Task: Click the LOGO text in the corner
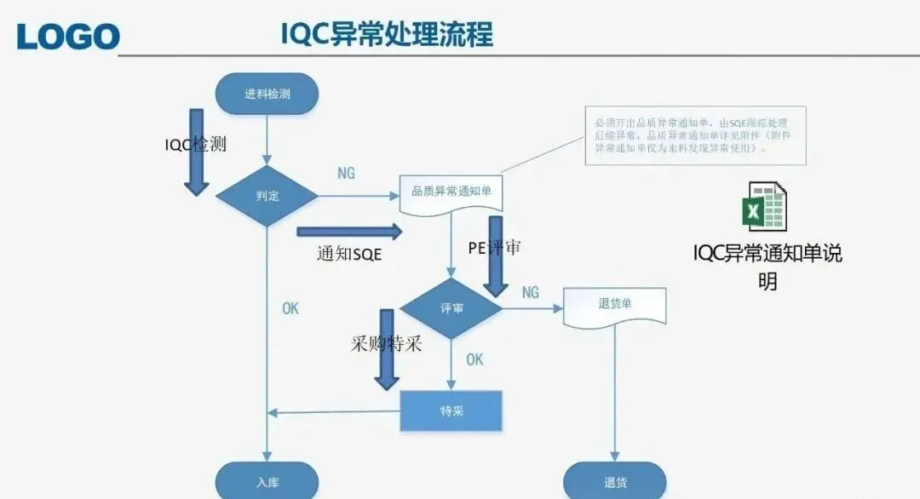coord(68,36)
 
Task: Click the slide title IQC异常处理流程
coord(387,34)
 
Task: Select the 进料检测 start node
coord(267,94)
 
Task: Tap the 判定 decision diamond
coord(267,196)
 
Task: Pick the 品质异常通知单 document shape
coord(451,192)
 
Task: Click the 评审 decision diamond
coord(451,308)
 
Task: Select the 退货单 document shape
coord(615,304)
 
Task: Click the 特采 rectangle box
coord(451,411)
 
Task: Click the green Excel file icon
coord(764,206)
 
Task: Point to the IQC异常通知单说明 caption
coord(768,267)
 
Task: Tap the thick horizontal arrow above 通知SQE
coord(349,231)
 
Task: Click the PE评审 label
coord(494,248)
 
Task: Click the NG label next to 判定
coord(346,174)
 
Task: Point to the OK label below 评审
coord(474,359)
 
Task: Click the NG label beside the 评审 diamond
coord(530,292)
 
